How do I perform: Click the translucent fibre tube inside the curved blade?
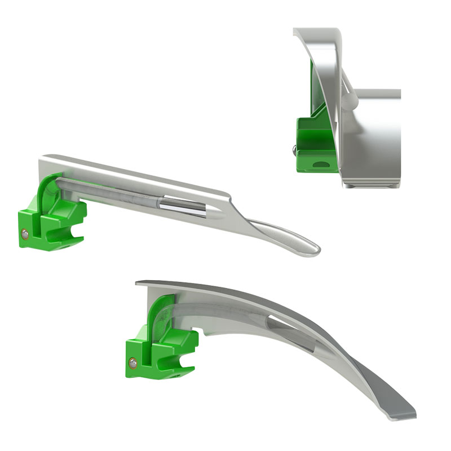click(x=225, y=313)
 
